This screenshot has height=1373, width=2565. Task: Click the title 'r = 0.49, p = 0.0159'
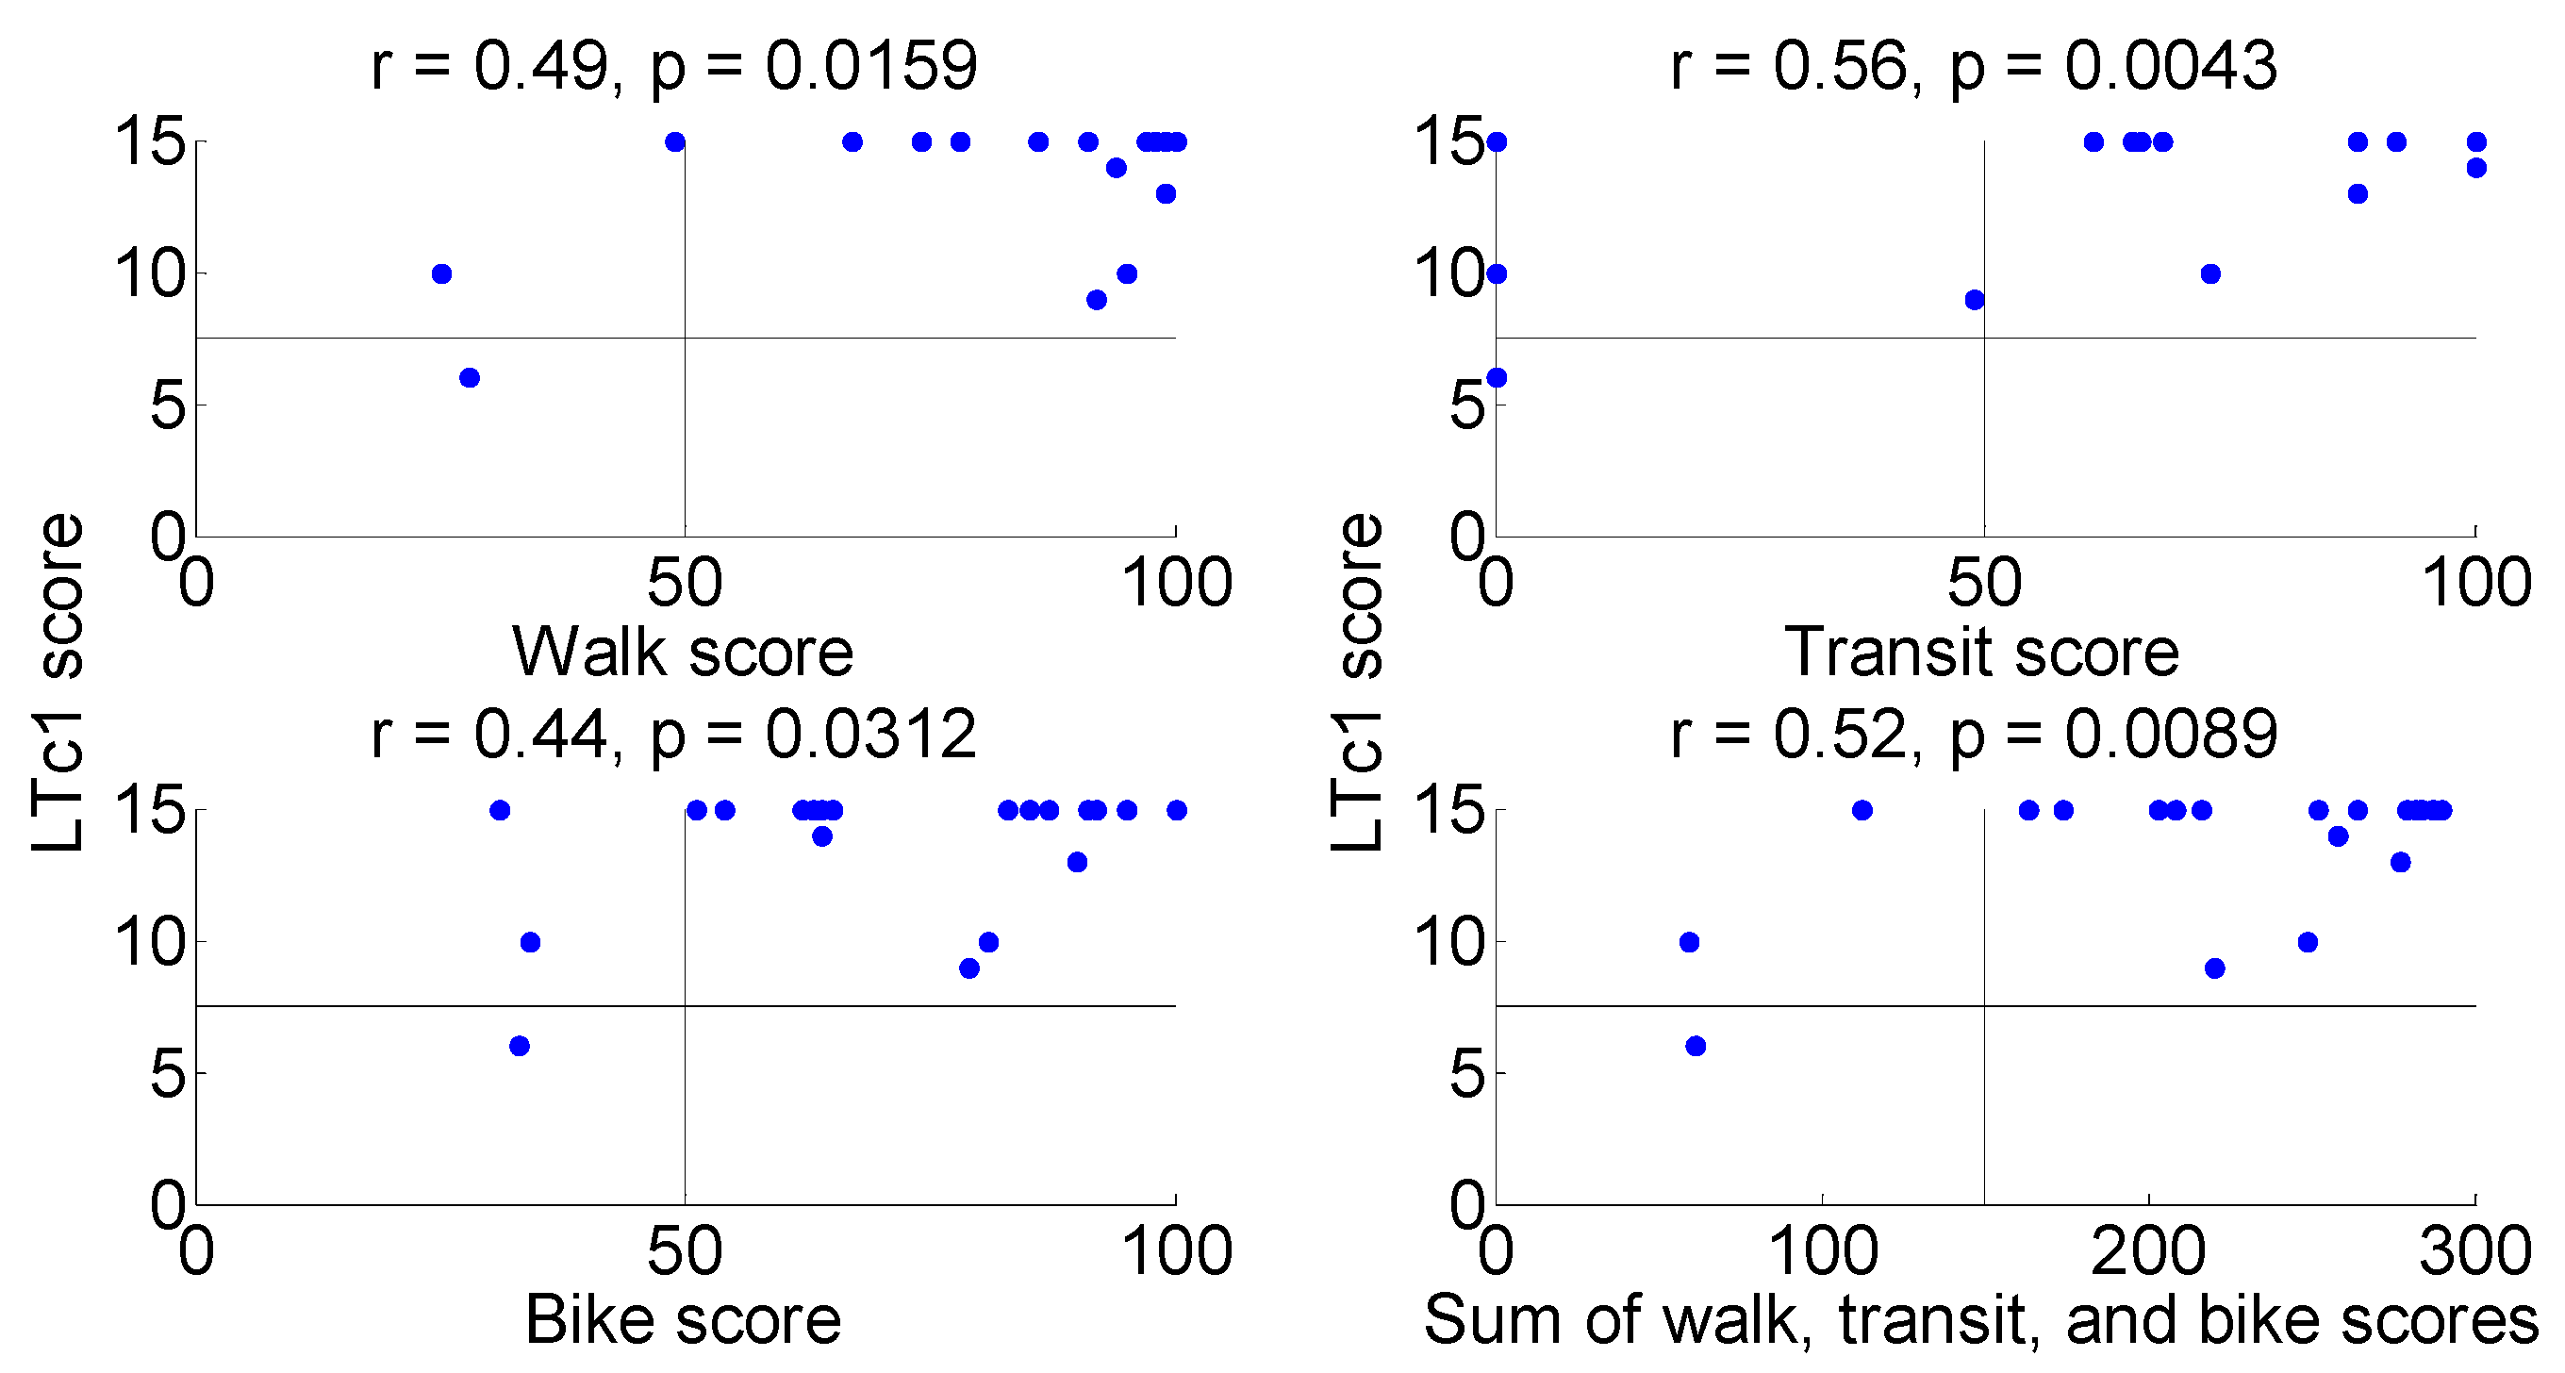(x=674, y=67)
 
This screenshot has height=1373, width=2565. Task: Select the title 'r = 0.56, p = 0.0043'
(x=1974, y=67)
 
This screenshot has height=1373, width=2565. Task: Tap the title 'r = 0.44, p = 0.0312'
(x=674, y=735)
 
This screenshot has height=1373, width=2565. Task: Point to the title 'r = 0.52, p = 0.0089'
(x=1974, y=735)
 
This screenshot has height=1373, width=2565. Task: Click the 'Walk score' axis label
(x=683, y=653)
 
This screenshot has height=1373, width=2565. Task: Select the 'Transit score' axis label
(x=1981, y=653)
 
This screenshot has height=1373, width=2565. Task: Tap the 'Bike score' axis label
(x=683, y=1320)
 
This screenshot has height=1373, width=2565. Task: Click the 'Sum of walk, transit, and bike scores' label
(x=1981, y=1320)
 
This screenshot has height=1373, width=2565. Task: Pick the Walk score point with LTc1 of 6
(x=470, y=377)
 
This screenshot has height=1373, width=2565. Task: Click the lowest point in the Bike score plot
(x=519, y=1046)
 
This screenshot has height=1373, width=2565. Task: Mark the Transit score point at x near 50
(x=1975, y=300)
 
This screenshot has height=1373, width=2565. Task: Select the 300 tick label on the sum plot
(x=2475, y=1250)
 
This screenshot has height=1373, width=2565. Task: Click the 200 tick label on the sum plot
(x=2149, y=1250)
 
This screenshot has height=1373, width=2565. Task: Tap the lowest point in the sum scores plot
(x=1696, y=1046)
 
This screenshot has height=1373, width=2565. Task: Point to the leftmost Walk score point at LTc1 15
(x=675, y=141)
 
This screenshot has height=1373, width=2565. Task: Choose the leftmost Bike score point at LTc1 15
(x=500, y=810)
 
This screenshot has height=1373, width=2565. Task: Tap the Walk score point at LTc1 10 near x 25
(x=442, y=273)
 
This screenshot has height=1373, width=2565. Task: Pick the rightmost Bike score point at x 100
(x=1177, y=810)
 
